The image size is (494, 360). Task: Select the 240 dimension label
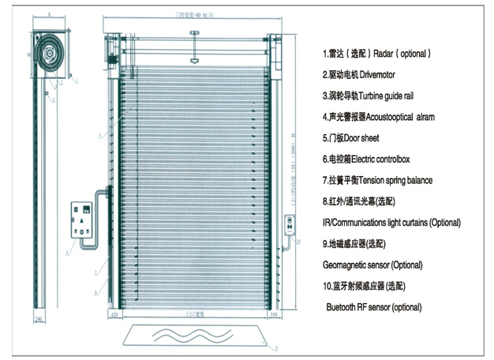coord(40,321)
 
